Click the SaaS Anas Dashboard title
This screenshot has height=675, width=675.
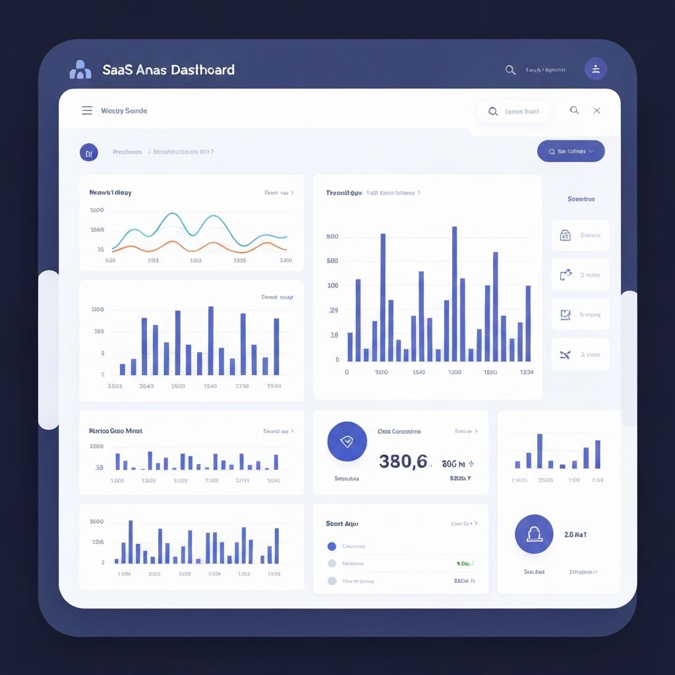pyautogui.click(x=169, y=69)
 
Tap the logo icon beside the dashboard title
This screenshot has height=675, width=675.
pyautogui.click(x=80, y=69)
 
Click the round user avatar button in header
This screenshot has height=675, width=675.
pyautogui.click(x=596, y=69)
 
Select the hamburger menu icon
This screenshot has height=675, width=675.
pyautogui.click(x=87, y=111)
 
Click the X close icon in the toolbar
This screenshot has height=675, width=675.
pyautogui.click(x=597, y=111)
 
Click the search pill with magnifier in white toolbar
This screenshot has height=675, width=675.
pyautogui.click(x=514, y=111)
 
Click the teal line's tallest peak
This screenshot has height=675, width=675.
pyautogui.click(x=172, y=214)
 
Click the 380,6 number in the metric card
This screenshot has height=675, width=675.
pyautogui.click(x=403, y=461)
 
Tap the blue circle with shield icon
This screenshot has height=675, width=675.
pyautogui.click(x=347, y=442)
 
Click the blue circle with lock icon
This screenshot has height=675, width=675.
pyautogui.click(x=534, y=534)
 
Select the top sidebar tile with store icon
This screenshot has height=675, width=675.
pyautogui.click(x=580, y=235)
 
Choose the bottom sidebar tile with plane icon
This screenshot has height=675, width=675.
pyautogui.click(x=580, y=355)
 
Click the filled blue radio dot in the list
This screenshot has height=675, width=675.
pyautogui.click(x=332, y=546)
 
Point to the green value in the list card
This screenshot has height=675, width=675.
pyautogui.click(x=464, y=564)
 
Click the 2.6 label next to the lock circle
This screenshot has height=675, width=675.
pyautogui.click(x=575, y=535)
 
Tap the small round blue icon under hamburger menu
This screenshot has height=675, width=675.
pyautogui.click(x=89, y=152)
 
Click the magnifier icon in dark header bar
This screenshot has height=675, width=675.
pyautogui.click(x=510, y=70)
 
